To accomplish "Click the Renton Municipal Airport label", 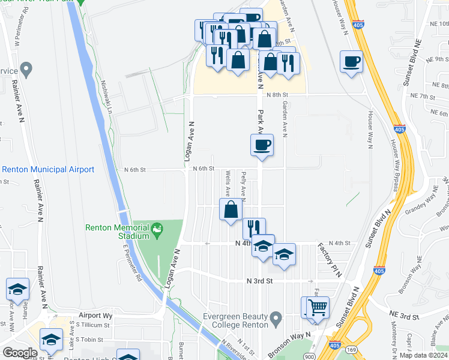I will (48, 170).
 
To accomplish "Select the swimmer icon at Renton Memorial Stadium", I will (157, 228).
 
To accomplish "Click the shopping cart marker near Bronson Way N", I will (318, 308).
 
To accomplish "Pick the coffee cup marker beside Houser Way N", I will (351, 61).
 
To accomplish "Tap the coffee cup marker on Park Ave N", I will (262, 145).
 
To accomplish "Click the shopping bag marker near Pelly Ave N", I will (231, 210).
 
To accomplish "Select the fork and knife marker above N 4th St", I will (254, 228).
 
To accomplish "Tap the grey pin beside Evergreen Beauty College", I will (276, 317).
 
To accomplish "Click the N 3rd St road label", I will (260, 281).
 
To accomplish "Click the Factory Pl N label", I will (330, 259).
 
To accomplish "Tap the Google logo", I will (20, 352).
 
